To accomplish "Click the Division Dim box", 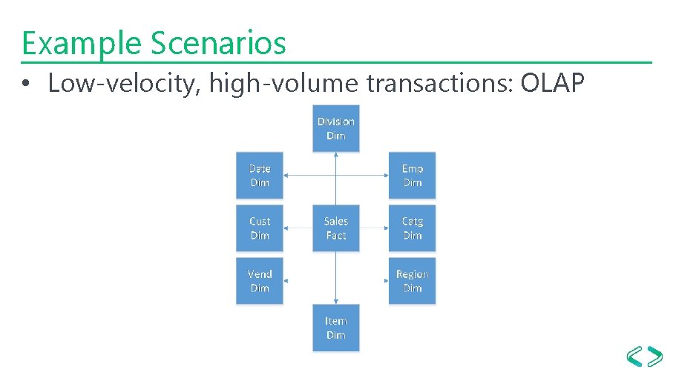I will (335, 128).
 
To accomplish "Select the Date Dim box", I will (260, 176).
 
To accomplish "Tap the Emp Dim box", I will (412, 176).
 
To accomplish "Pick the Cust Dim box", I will (260, 228).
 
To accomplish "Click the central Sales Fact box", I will (335, 228).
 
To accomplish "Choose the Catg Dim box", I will (412, 228).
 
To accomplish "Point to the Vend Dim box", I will (260, 281).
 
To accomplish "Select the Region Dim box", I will (412, 281).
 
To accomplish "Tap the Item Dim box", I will (335, 328).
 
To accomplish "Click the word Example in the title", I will (82, 43).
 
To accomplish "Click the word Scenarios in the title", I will (218, 43).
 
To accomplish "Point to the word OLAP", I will (553, 84).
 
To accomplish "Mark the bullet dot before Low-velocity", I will (25, 85).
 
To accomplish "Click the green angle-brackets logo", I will (644, 356).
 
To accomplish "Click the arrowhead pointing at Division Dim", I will (336, 155).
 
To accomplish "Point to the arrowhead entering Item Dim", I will (336, 301).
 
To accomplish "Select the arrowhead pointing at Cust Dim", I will (287, 228).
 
